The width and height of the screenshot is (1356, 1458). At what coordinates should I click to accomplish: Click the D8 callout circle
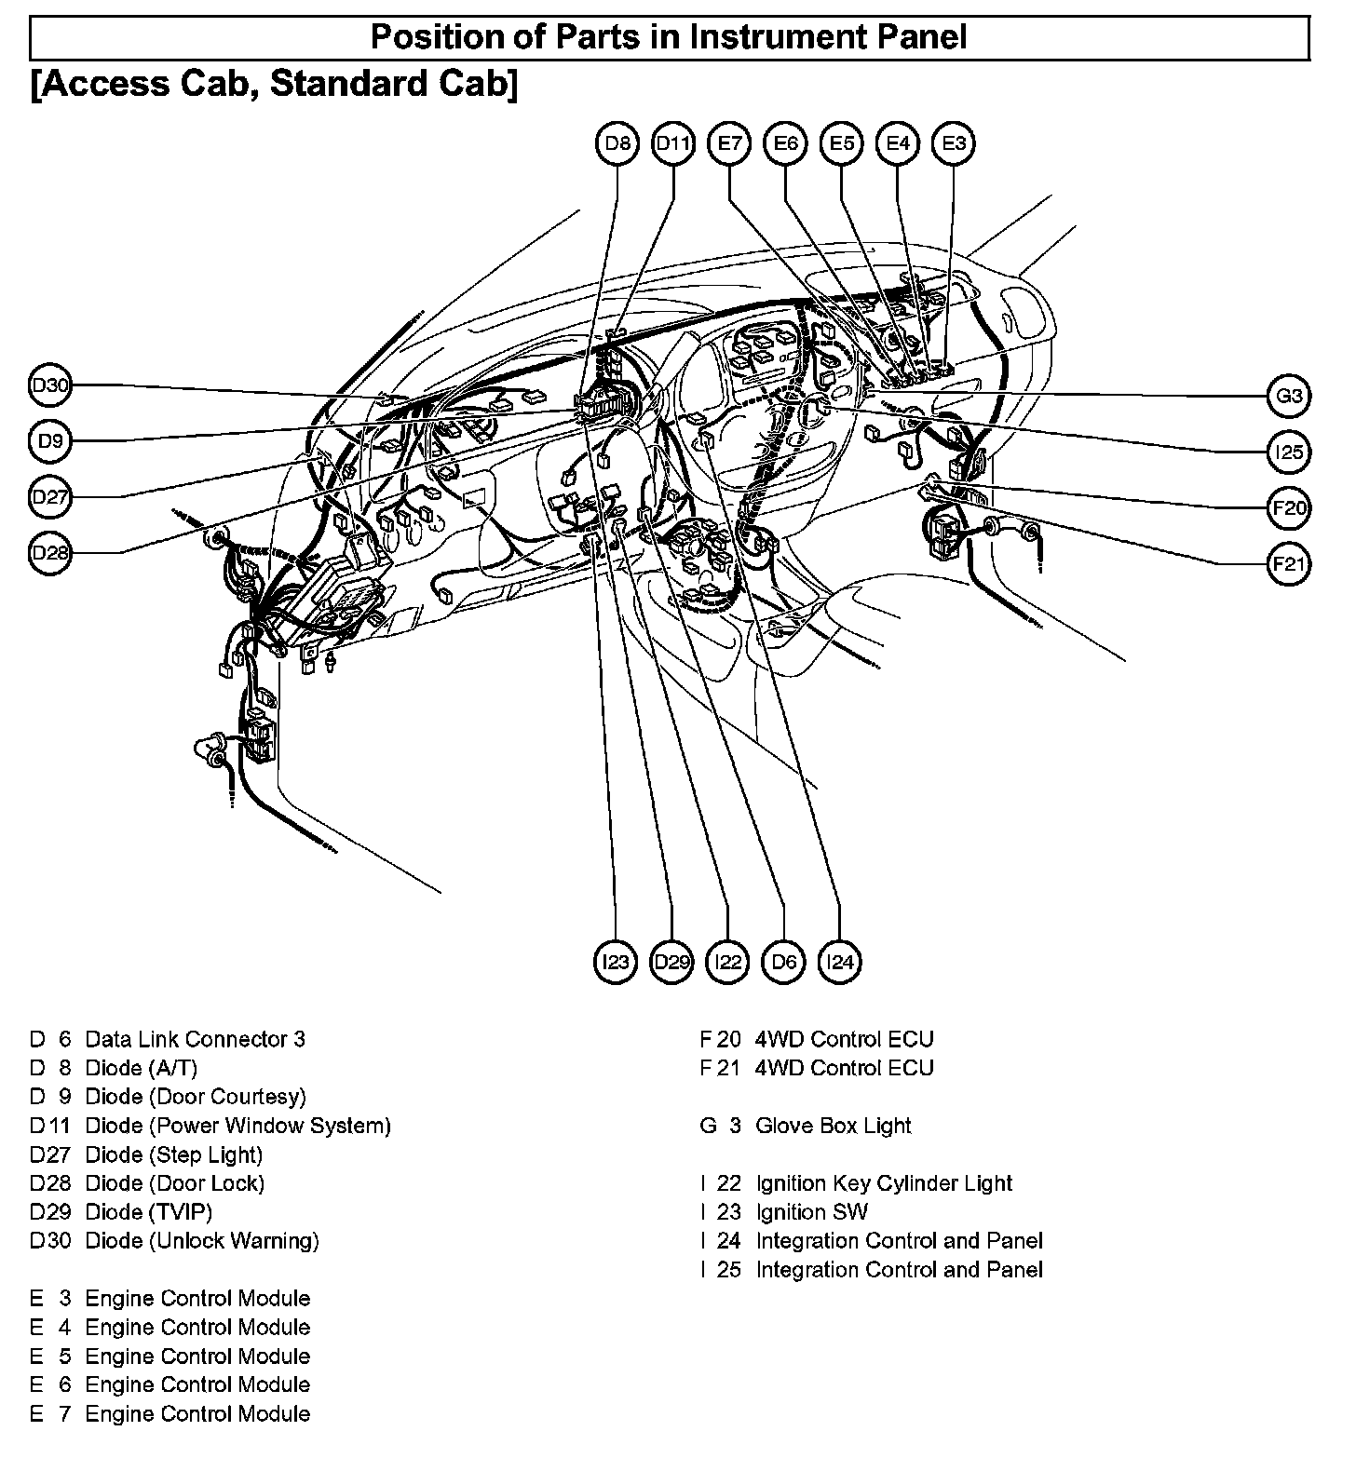click(617, 143)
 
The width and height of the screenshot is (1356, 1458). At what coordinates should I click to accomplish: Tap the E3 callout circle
click(954, 143)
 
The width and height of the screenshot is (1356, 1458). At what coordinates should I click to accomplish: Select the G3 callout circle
click(1290, 396)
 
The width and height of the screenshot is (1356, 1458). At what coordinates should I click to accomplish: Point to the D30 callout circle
click(50, 385)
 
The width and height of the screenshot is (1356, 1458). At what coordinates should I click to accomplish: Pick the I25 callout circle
click(1290, 452)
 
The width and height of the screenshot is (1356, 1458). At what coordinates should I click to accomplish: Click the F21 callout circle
click(1290, 563)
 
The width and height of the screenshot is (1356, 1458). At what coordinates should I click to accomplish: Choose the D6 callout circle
click(784, 962)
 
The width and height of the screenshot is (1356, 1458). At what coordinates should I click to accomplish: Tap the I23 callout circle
click(616, 962)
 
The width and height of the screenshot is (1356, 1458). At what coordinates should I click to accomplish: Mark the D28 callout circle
click(50, 553)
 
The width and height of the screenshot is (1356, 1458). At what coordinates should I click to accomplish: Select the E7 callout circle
click(729, 143)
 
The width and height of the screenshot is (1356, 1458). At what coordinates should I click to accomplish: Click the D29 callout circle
click(671, 962)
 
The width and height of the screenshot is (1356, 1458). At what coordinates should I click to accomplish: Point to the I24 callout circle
click(840, 962)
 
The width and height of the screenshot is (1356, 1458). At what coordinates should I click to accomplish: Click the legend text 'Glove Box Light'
click(834, 1126)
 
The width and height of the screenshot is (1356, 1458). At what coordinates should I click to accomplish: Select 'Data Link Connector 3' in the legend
click(195, 1039)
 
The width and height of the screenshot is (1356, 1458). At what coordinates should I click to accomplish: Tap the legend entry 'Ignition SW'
click(811, 1212)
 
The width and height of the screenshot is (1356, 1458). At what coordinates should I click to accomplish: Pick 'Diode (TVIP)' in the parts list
click(149, 1212)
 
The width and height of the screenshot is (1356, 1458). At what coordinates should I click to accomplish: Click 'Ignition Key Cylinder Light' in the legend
click(884, 1183)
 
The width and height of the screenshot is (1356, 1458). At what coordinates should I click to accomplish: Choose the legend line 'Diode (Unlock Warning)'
click(202, 1241)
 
